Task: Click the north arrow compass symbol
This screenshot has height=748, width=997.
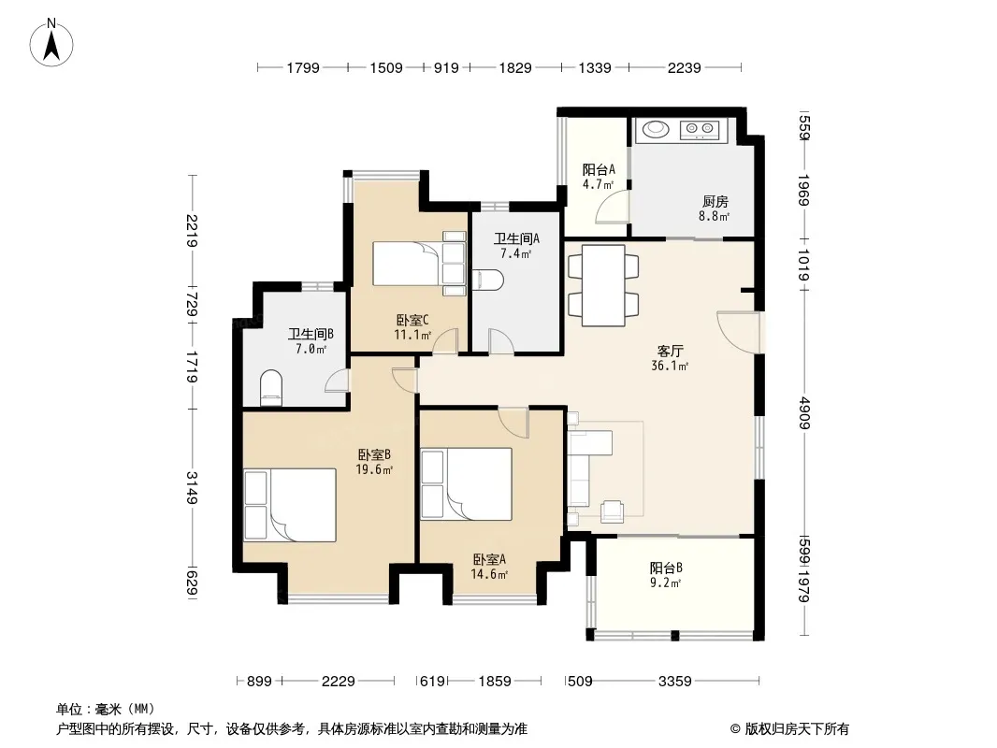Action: pos(51,43)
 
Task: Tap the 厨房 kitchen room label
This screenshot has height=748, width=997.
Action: pos(715,201)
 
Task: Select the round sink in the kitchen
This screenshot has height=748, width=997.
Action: pos(656,129)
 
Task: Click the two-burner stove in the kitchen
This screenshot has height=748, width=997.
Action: pos(699,130)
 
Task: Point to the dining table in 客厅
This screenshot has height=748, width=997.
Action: pos(602,285)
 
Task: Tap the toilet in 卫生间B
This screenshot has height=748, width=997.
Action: pos(271,388)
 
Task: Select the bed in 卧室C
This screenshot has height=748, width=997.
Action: pos(419,263)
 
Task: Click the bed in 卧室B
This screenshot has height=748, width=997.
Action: pos(290,505)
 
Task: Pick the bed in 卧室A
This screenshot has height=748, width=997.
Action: pos(466,483)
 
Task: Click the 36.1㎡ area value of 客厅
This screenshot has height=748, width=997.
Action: pos(670,366)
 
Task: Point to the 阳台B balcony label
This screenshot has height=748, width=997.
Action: pos(666,568)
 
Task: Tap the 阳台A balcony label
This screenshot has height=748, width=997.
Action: pos(599,169)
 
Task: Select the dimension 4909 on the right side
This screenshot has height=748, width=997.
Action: pos(805,412)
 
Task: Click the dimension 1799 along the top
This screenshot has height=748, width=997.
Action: pos(303,67)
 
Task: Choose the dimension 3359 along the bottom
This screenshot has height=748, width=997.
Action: pos(674,682)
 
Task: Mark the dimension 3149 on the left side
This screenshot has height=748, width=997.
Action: pos(192,487)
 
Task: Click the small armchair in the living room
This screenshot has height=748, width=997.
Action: pos(613,511)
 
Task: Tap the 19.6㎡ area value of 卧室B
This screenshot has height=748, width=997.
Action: pos(374,469)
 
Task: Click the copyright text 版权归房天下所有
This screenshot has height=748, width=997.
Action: pos(797,729)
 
